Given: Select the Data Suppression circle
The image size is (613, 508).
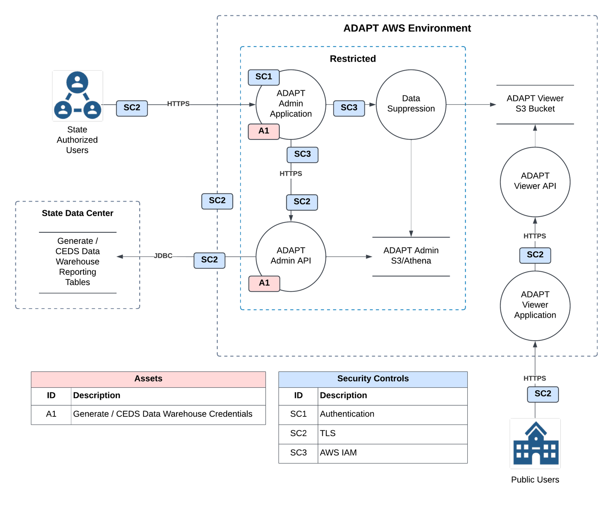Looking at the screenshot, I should tap(411, 104).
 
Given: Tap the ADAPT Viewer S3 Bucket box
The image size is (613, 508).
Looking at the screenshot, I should tap(535, 104).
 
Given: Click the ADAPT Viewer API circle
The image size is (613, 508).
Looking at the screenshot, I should tap(535, 181).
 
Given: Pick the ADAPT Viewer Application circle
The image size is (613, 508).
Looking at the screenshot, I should tap(535, 305).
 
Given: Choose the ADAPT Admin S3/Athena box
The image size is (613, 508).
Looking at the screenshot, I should tap(411, 256).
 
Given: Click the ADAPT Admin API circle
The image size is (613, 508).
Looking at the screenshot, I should tap(291, 256).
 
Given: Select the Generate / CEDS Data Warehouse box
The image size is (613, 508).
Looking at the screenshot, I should tap(78, 262).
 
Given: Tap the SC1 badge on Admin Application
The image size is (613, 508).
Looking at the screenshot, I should tap(264, 77).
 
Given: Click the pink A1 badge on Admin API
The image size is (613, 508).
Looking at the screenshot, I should tap(264, 283).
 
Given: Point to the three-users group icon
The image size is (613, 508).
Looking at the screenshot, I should tap(78, 96).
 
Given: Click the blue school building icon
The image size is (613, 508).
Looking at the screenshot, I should tap(535, 443).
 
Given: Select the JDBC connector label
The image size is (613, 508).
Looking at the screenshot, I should tap(163, 256).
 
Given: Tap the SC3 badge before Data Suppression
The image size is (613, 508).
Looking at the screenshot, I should tap(349, 108).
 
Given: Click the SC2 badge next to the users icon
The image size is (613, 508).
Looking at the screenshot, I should tap(132, 108).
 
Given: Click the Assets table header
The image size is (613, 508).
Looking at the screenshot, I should tap(148, 379).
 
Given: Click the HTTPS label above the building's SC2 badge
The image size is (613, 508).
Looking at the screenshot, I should tap(535, 378).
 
